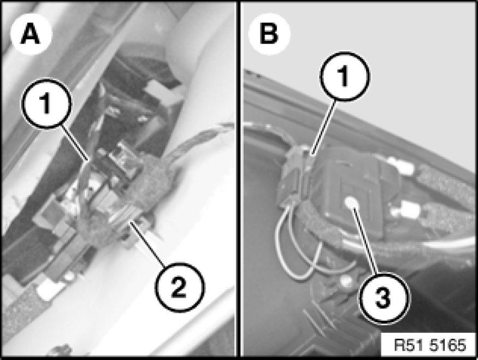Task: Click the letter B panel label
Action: coord(269,33)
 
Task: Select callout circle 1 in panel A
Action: coord(46,104)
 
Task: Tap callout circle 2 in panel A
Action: coord(179,287)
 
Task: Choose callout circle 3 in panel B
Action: coord(384,298)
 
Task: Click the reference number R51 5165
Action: coord(430,345)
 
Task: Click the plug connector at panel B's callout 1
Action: coord(296,175)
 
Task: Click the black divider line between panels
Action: coord(238,179)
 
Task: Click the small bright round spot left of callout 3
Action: coord(345,282)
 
